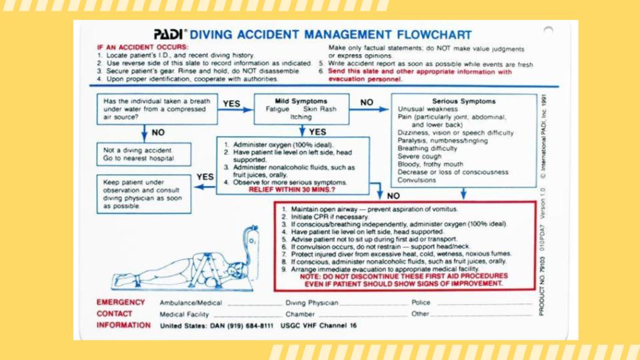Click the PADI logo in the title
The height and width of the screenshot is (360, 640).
pos(170,35)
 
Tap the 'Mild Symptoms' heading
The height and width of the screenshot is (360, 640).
pos(301,101)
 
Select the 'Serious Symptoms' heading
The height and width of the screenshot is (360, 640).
pos(464,101)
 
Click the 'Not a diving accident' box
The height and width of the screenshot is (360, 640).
pos(143,154)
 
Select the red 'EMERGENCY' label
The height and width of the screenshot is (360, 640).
pos(121,302)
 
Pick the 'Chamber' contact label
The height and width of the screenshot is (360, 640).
pos(300,314)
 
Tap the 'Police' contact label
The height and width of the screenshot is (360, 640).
pos(421,303)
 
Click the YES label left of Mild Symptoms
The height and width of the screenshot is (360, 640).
pos(231,104)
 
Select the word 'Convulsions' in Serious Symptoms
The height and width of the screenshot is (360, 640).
pos(417,180)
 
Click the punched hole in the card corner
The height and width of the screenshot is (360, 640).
pos(548,30)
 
